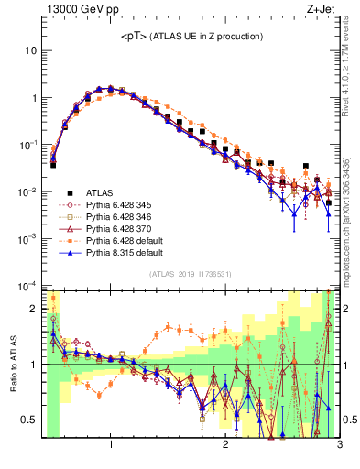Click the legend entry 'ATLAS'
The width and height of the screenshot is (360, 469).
(101, 191)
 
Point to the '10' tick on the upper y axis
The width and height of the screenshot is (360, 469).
(31, 50)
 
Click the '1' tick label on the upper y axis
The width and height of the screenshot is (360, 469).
(34, 98)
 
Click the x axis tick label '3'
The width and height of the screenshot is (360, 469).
(339, 446)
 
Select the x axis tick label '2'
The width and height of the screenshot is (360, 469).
(225, 446)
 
